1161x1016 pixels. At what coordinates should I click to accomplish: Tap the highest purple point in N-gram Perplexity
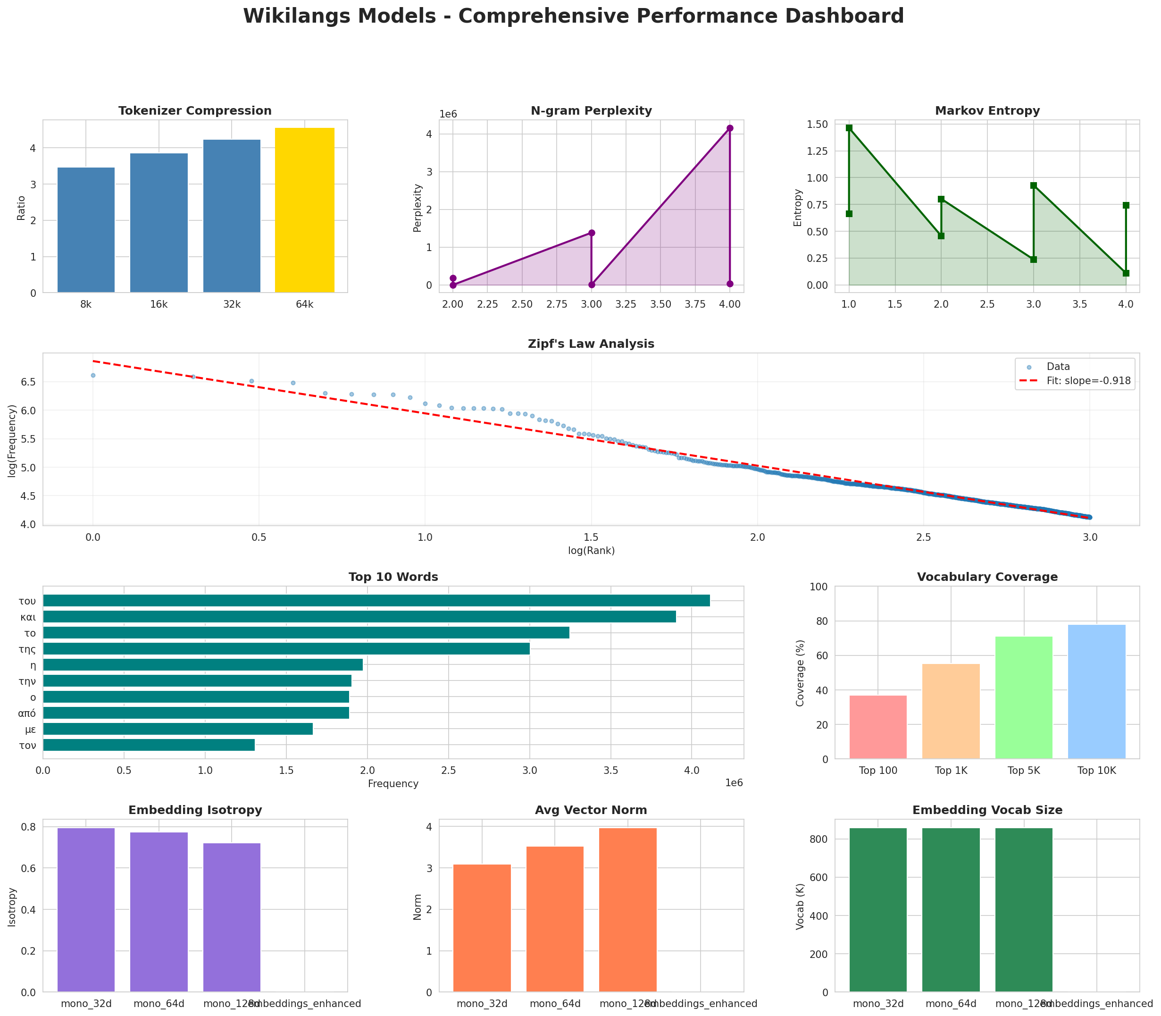click(x=730, y=128)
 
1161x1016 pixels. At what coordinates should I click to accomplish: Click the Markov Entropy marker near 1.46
click(x=849, y=128)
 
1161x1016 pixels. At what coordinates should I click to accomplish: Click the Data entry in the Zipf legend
click(x=1058, y=367)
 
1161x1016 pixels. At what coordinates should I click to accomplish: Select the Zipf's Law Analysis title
click(x=591, y=344)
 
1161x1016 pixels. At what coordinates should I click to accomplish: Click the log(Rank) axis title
click(x=591, y=551)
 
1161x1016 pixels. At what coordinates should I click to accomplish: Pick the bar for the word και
click(x=359, y=617)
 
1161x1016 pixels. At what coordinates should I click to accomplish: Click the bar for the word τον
click(x=149, y=745)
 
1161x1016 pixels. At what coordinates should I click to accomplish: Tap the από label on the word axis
click(x=27, y=713)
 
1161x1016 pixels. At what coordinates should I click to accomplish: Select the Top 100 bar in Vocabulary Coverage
click(x=877, y=727)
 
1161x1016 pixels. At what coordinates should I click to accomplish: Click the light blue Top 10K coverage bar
click(x=1096, y=692)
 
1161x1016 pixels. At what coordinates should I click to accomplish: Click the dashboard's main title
click(x=573, y=16)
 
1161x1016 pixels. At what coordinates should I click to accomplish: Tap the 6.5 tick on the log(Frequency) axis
click(x=27, y=382)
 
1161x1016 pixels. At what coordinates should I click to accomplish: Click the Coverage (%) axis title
click(x=800, y=673)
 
